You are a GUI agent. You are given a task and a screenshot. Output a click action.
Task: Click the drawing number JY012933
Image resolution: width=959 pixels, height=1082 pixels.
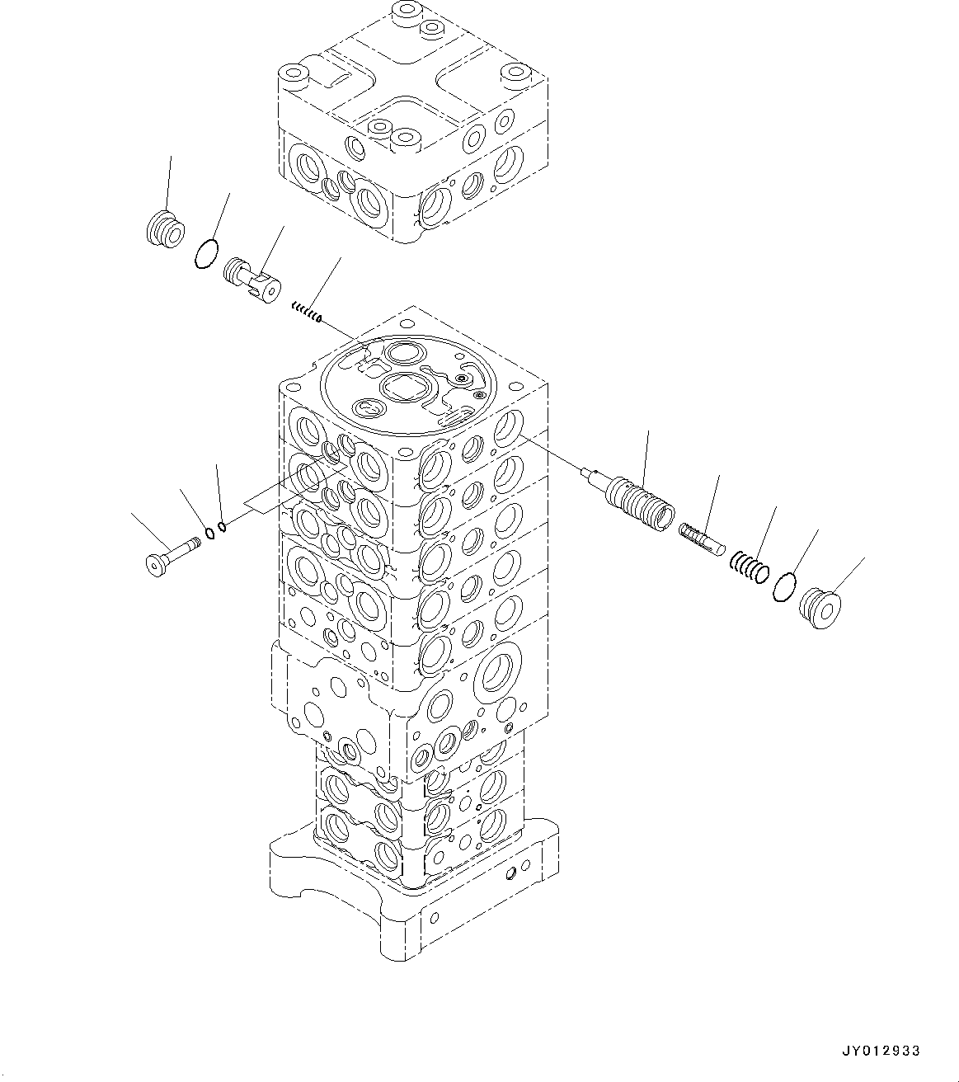pos(881,1051)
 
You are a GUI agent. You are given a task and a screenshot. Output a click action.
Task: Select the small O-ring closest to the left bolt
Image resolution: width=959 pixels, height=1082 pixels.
pos(210,532)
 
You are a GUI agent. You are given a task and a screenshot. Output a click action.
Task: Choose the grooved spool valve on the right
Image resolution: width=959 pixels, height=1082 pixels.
pos(642,499)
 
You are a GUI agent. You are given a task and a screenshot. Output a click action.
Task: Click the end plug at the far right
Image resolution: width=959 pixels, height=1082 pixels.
pos(821,609)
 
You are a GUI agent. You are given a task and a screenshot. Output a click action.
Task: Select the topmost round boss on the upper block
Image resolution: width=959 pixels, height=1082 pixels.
pos(405,12)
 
